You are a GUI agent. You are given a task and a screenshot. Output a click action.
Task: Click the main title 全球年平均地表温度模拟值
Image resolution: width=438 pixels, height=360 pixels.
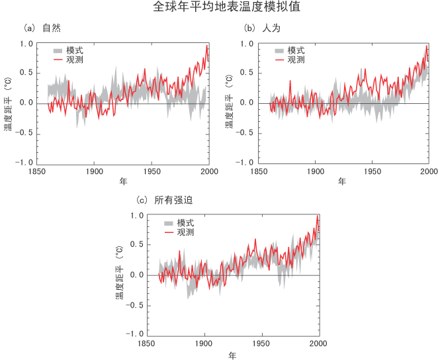tap(218, 9)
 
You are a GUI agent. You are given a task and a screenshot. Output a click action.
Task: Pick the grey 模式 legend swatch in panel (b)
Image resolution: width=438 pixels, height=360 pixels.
tap(279, 50)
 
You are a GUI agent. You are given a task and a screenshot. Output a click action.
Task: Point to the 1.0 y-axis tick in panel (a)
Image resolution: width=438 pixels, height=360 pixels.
tap(26, 44)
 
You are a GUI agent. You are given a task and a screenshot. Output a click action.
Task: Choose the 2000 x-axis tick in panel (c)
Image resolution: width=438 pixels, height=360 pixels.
tap(319, 343)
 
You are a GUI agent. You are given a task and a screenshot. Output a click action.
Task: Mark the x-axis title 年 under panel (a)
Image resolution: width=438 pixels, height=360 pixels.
tap(122, 181)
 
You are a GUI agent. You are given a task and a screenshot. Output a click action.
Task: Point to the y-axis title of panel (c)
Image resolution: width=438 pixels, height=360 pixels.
tap(120, 275)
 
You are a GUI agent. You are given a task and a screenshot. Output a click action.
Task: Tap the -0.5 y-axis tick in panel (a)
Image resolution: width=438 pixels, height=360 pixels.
tap(24, 133)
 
